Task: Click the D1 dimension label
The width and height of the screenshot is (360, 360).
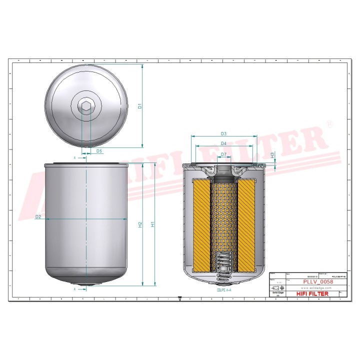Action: tap(140, 106)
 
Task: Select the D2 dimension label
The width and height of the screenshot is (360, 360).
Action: tap(38, 217)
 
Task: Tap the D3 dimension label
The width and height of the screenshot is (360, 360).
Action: tap(223, 133)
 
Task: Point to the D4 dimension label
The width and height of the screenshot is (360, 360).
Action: tap(223, 144)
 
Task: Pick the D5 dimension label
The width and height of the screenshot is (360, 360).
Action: tap(99, 150)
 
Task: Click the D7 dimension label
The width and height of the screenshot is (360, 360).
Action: tap(223, 154)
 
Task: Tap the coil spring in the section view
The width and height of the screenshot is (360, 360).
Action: tap(223, 262)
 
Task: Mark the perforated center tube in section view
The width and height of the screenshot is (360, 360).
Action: tap(223, 215)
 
